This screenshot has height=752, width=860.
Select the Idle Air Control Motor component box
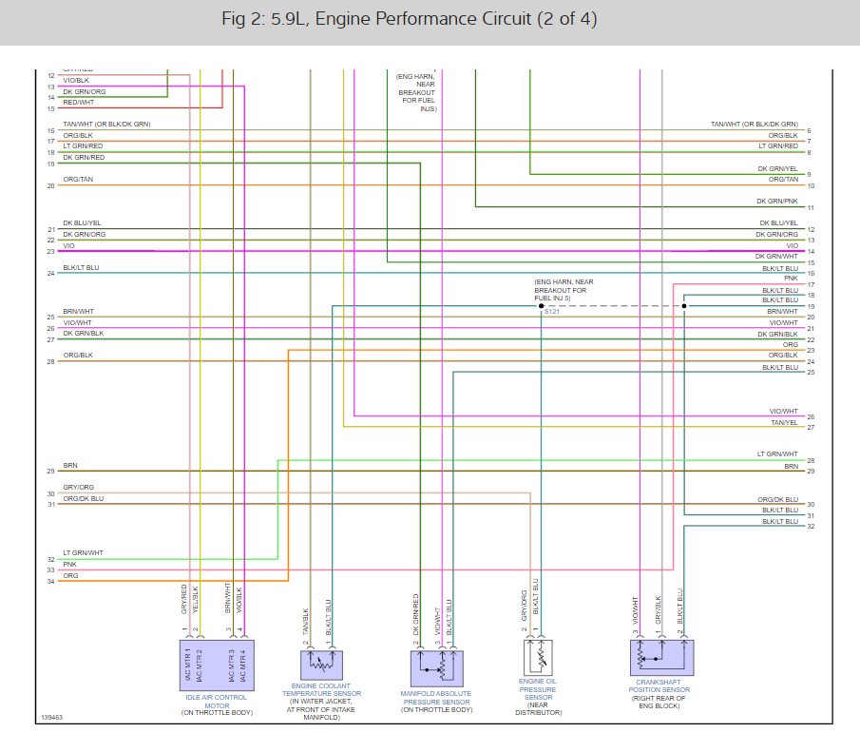pyautogui.click(x=215, y=663)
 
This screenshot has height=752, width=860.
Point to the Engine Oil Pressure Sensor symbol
pyautogui.click(x=538, y=656)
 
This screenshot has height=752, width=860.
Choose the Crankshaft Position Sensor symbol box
pyautogui.click(x=661, y=657)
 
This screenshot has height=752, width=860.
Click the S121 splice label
pyautogui.click(x=551, y=312)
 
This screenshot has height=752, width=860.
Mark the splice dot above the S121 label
pyautogui.click(x=542, y=306)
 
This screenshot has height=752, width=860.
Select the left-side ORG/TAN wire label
pyautogui.click(x=78, y=180)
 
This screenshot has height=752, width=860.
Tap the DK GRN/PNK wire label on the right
pyautogui.click(x=776, y=202)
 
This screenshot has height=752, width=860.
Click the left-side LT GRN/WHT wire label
pyautogui.click(x=84, y=553)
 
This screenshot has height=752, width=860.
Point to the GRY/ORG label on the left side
pyautogui.click(x=78, y=488)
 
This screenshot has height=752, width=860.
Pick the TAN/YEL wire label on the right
pyautogui.click(x=784, y=422)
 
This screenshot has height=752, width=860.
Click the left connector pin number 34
pyautogui.click(x=50, y=581)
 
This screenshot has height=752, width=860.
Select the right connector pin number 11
pyautogui.click(x=810, y=207)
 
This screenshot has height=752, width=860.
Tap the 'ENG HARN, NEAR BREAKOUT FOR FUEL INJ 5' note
pyautogui.click(x=564, y=290)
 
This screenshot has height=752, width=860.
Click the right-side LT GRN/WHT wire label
pyautogui.click(x=777, y=454)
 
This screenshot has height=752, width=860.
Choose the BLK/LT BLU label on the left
pyautogui.click(x=81, y=268)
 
